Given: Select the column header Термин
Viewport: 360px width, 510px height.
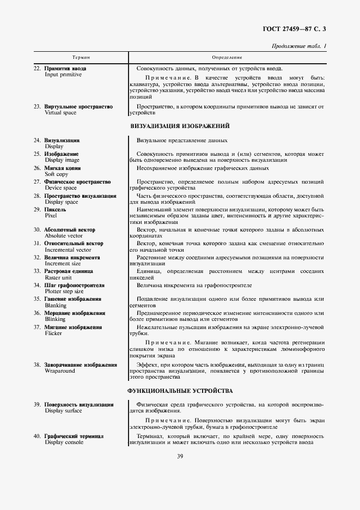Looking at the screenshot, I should tap(81, 57).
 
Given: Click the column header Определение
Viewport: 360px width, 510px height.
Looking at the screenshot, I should tap(227, 57).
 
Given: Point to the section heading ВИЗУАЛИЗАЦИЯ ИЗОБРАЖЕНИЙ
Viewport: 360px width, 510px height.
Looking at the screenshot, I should tap(180, 126).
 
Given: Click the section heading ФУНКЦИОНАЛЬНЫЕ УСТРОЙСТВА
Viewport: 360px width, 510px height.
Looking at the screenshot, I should tap(180, 391).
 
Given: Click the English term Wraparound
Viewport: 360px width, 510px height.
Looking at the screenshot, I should tap(60, 371).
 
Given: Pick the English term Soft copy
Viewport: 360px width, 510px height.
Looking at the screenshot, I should tap(57, 174).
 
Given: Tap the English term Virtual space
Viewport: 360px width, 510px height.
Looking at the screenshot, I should tap(62, 113).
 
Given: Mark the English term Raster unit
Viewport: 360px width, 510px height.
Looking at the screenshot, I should tap(59, 277).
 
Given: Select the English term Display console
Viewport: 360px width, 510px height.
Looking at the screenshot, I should tap(64, 442).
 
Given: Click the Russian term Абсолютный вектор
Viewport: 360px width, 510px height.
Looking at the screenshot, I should tap(70, 230).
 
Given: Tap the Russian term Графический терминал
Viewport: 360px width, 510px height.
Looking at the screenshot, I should tap(74, 436).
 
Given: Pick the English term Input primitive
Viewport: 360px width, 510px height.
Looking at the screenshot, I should tap(63, 75).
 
